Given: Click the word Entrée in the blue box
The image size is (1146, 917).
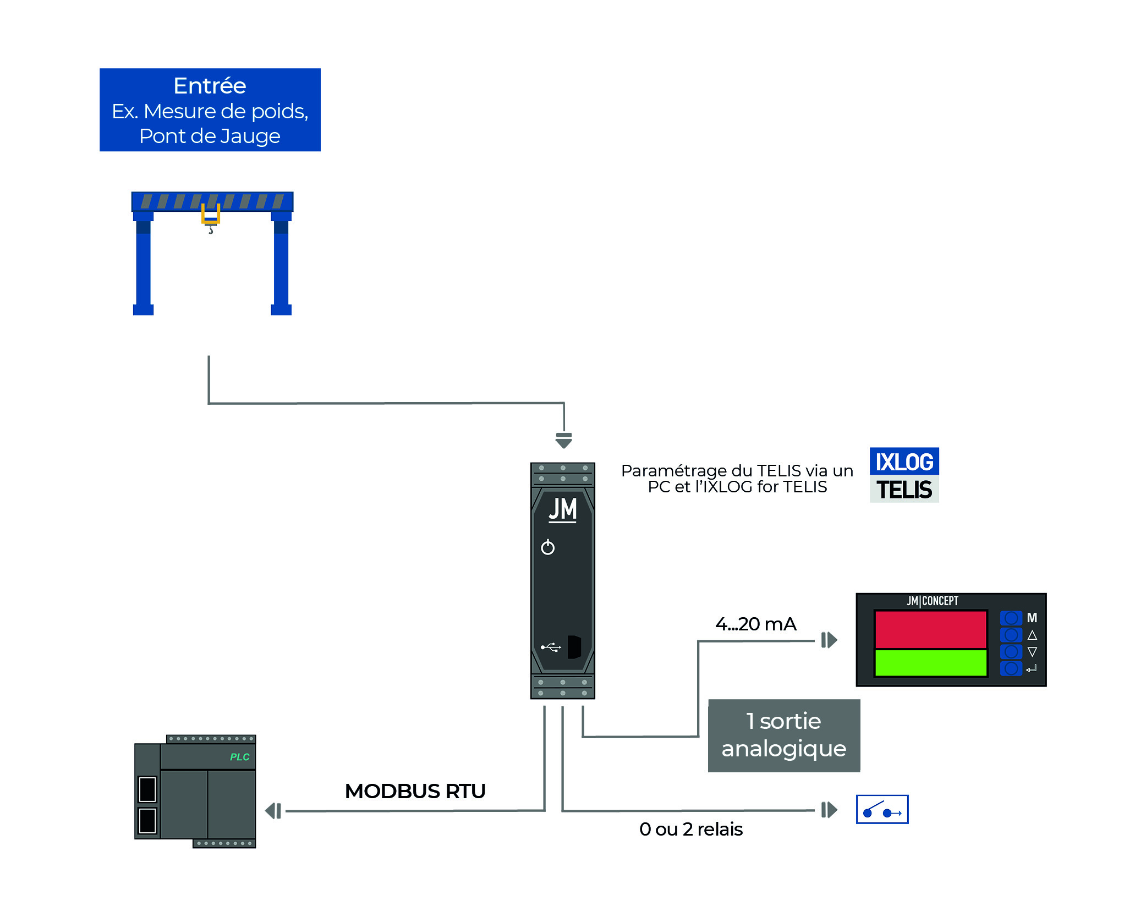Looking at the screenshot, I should tap(210, 86).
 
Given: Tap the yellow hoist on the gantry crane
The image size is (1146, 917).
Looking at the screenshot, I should tap(210, 215).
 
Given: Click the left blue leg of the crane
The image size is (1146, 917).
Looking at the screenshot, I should tap(143, 264).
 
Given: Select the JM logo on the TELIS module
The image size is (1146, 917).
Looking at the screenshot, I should tap(562, 509).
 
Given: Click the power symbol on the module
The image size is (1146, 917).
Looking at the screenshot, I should tap(547, 547).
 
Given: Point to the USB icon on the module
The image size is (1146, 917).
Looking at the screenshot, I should tap(551, 647).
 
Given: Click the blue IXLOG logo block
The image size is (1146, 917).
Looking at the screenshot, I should tap(904, 462).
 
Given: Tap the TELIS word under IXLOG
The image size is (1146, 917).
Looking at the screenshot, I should tap(904, 490).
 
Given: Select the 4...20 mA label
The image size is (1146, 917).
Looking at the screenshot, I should tap(755, 624).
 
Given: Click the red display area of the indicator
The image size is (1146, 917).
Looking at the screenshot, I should tap(930, 629).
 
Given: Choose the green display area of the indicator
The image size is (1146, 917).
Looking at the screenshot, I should tap(930, 663).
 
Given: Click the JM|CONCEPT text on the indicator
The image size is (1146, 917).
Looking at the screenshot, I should tap(932, 601).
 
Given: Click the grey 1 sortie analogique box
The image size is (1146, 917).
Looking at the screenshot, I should tap(783, 735).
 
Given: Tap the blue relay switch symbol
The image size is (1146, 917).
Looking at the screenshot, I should tap(882, 809).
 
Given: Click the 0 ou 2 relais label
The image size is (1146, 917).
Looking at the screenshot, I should tap(690, 829).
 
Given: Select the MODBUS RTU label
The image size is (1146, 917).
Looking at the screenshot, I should tap(415, 791).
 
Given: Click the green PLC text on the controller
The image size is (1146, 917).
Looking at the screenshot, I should tap(239, 757).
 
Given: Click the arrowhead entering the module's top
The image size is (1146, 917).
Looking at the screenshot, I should tap(563, 441).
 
